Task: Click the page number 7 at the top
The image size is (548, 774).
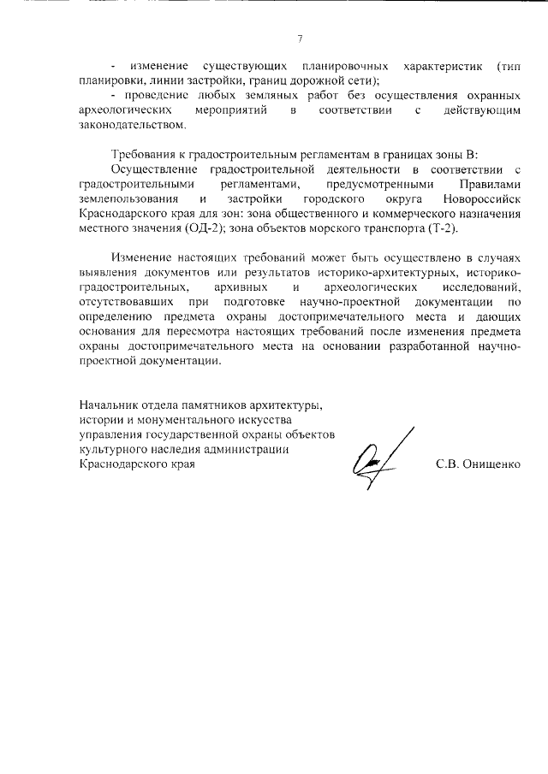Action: tap(300, 38)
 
